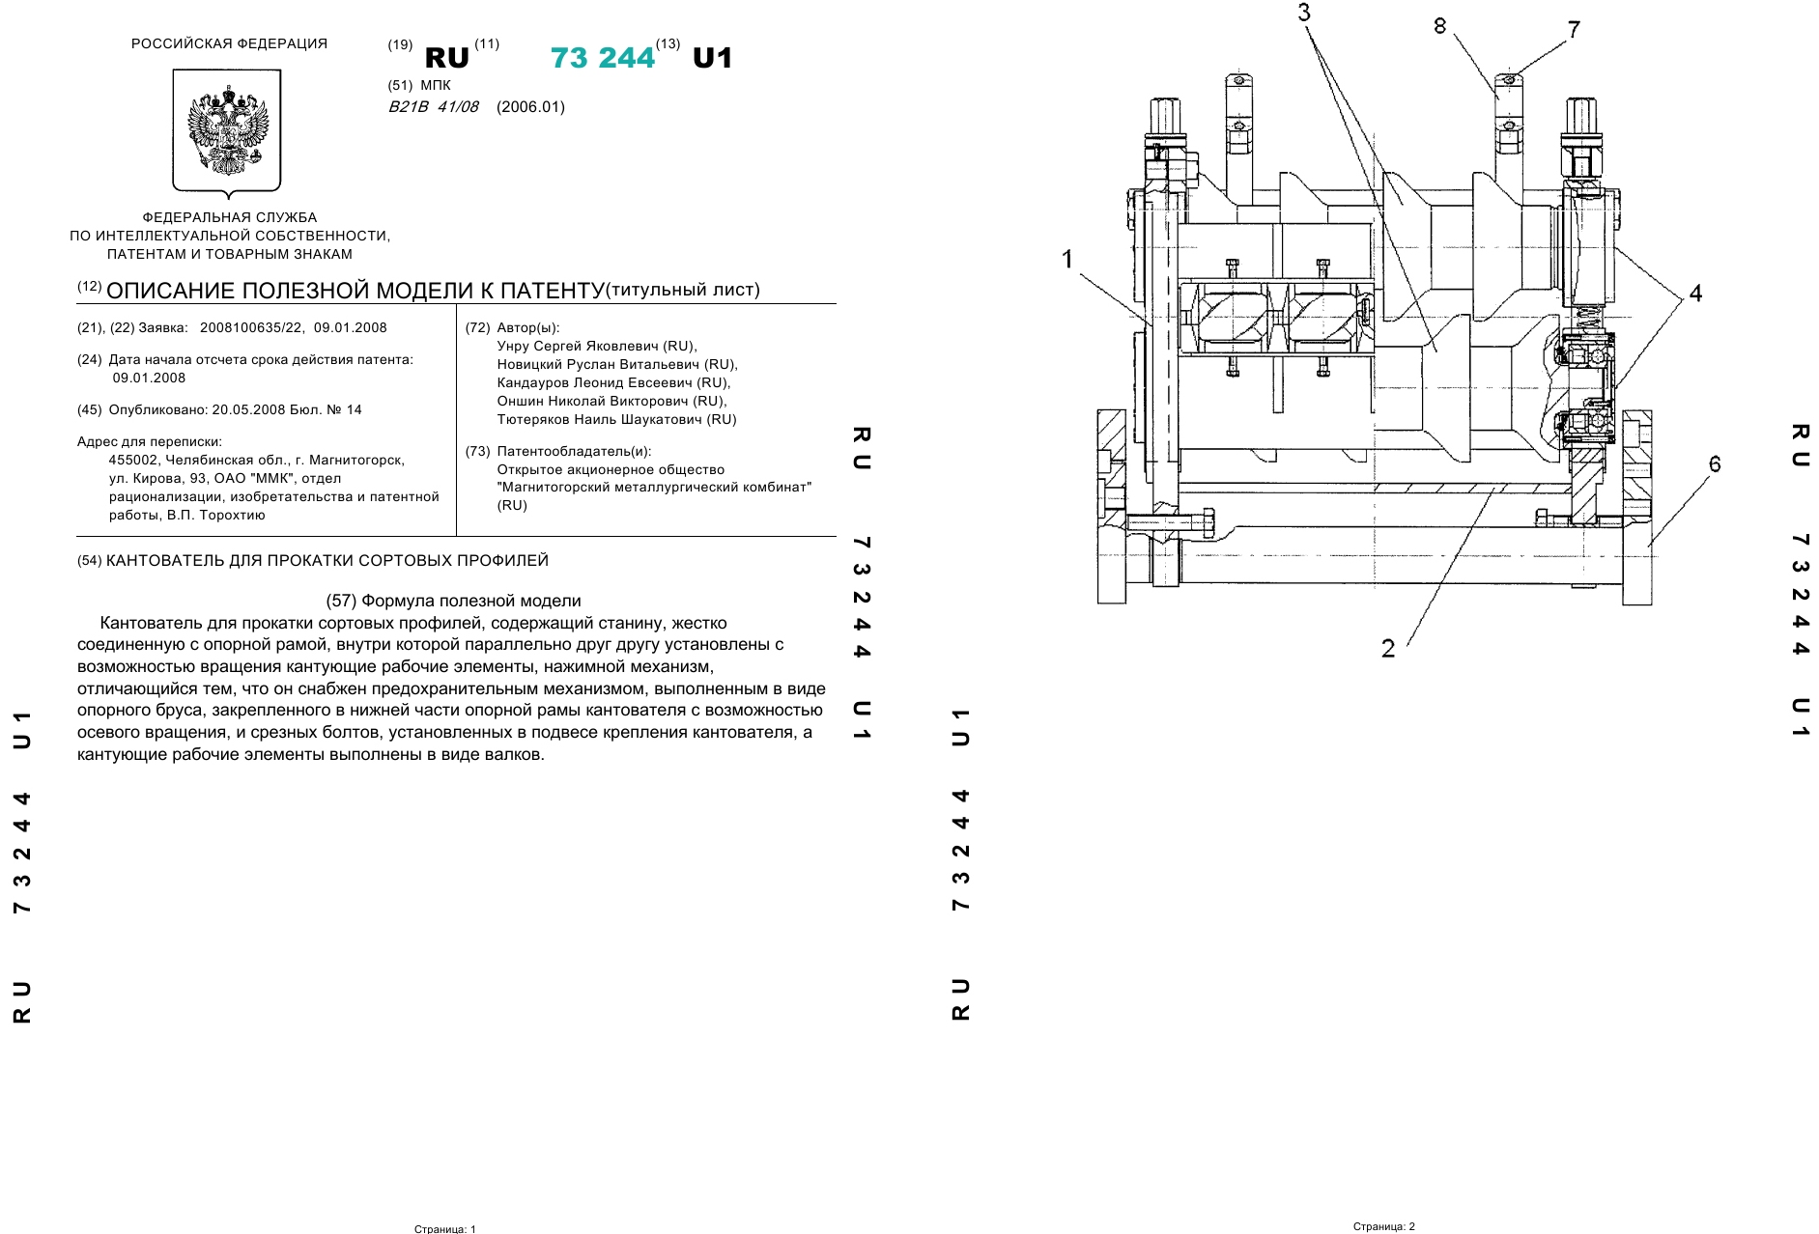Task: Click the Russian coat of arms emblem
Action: [227, 130]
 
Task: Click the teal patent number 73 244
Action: [603, 58]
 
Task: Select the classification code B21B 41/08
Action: [434, 107]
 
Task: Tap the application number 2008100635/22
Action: [252, 327]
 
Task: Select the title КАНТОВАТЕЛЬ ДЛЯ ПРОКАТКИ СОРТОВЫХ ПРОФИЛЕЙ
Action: [327, 560]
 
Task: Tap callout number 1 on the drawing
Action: [1067, 259]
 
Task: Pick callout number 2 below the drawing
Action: [1388, 648]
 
